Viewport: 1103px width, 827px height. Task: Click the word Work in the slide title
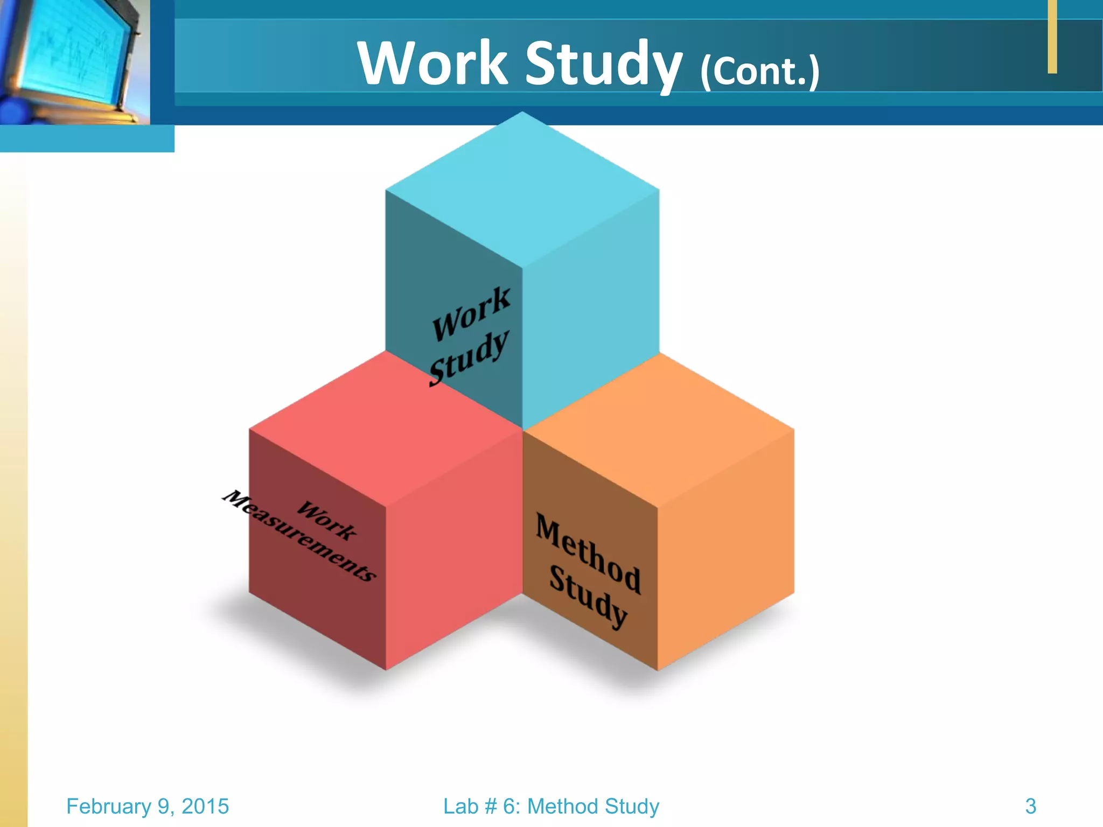433,64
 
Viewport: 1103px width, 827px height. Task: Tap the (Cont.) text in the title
759,71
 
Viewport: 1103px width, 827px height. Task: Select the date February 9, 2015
148,806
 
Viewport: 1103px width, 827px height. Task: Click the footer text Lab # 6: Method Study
551,806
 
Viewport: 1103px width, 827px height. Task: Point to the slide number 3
1030,806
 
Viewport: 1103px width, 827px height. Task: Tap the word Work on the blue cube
471,314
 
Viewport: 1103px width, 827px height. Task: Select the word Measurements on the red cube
299,536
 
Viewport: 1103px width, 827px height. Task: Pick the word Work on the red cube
326,520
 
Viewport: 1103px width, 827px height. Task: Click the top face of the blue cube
522,188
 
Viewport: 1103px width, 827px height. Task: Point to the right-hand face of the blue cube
591,307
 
